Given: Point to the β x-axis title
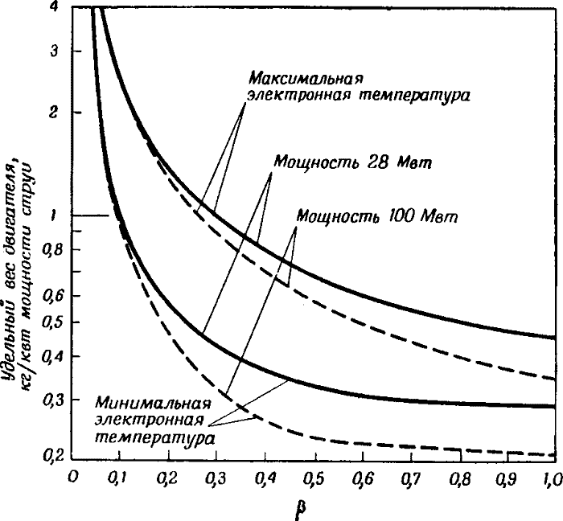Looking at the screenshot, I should click(x=304, y=508).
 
